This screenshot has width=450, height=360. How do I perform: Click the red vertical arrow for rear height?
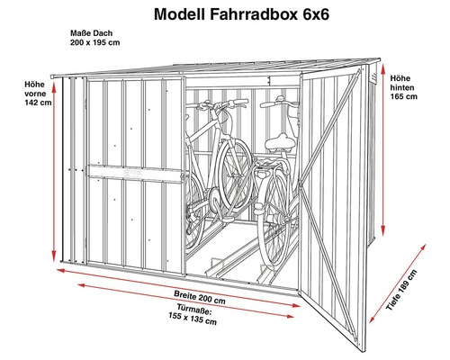pos(385,153)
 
